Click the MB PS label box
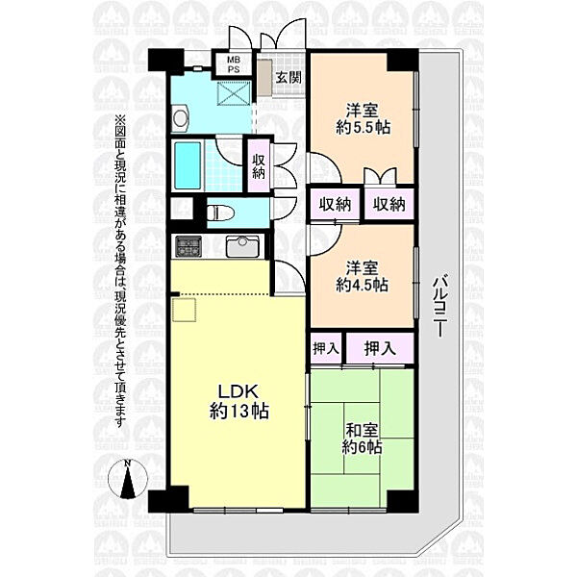point(234,64)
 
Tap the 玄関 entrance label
point(288,77)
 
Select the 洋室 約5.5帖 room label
point(363,119)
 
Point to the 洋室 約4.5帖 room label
point(363,276)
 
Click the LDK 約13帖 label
point(239,401)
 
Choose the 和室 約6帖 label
point(363,439)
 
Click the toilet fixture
point(221,213)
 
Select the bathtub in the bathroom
point(187,165)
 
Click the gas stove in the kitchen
point(188,246)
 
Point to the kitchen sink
point(242,246)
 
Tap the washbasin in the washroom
point(181,117)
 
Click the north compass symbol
point(128,479)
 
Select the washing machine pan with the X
point(233,93)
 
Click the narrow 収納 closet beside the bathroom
point(259,165)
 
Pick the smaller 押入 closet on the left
point(326,348)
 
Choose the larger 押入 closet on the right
point(380,348)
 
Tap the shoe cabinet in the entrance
point(263,78)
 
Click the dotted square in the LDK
point(184,311)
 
